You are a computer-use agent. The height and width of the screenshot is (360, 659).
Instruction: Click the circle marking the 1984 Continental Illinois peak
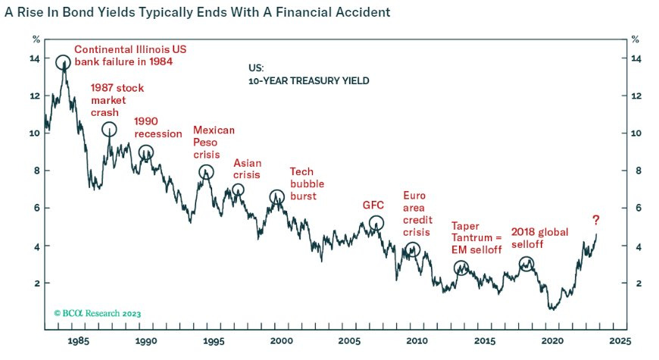(x=63, y=62)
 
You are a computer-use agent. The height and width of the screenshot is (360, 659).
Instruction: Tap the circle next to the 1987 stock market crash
(x=109, y=129)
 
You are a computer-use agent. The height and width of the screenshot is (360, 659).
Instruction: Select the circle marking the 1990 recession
(x=146, y=152)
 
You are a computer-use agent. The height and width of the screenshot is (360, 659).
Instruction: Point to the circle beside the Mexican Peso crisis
(x=206, y=172)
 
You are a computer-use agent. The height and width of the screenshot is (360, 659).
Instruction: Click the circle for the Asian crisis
(x=238, y=189)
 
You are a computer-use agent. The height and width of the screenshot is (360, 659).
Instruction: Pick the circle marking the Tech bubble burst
(x=277, y=198)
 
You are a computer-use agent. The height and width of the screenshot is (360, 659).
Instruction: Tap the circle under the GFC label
(x=376, y=223)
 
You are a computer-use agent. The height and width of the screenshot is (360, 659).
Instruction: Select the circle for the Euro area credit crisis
(x=412, y=249)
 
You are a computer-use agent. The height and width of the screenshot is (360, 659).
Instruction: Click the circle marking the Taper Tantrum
(x=461, y=268)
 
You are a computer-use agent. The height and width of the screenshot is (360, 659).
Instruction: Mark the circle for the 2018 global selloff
(x=526, y=264)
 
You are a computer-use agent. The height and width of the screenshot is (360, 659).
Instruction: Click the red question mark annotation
(x=596, y=221)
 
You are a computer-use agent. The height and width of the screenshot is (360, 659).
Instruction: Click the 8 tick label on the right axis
(x=636, y=171)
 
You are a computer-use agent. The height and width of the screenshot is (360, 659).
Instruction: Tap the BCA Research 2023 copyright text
(x=98, y=312)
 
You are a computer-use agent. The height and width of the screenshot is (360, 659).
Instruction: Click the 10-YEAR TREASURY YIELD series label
(x=309, y=80)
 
